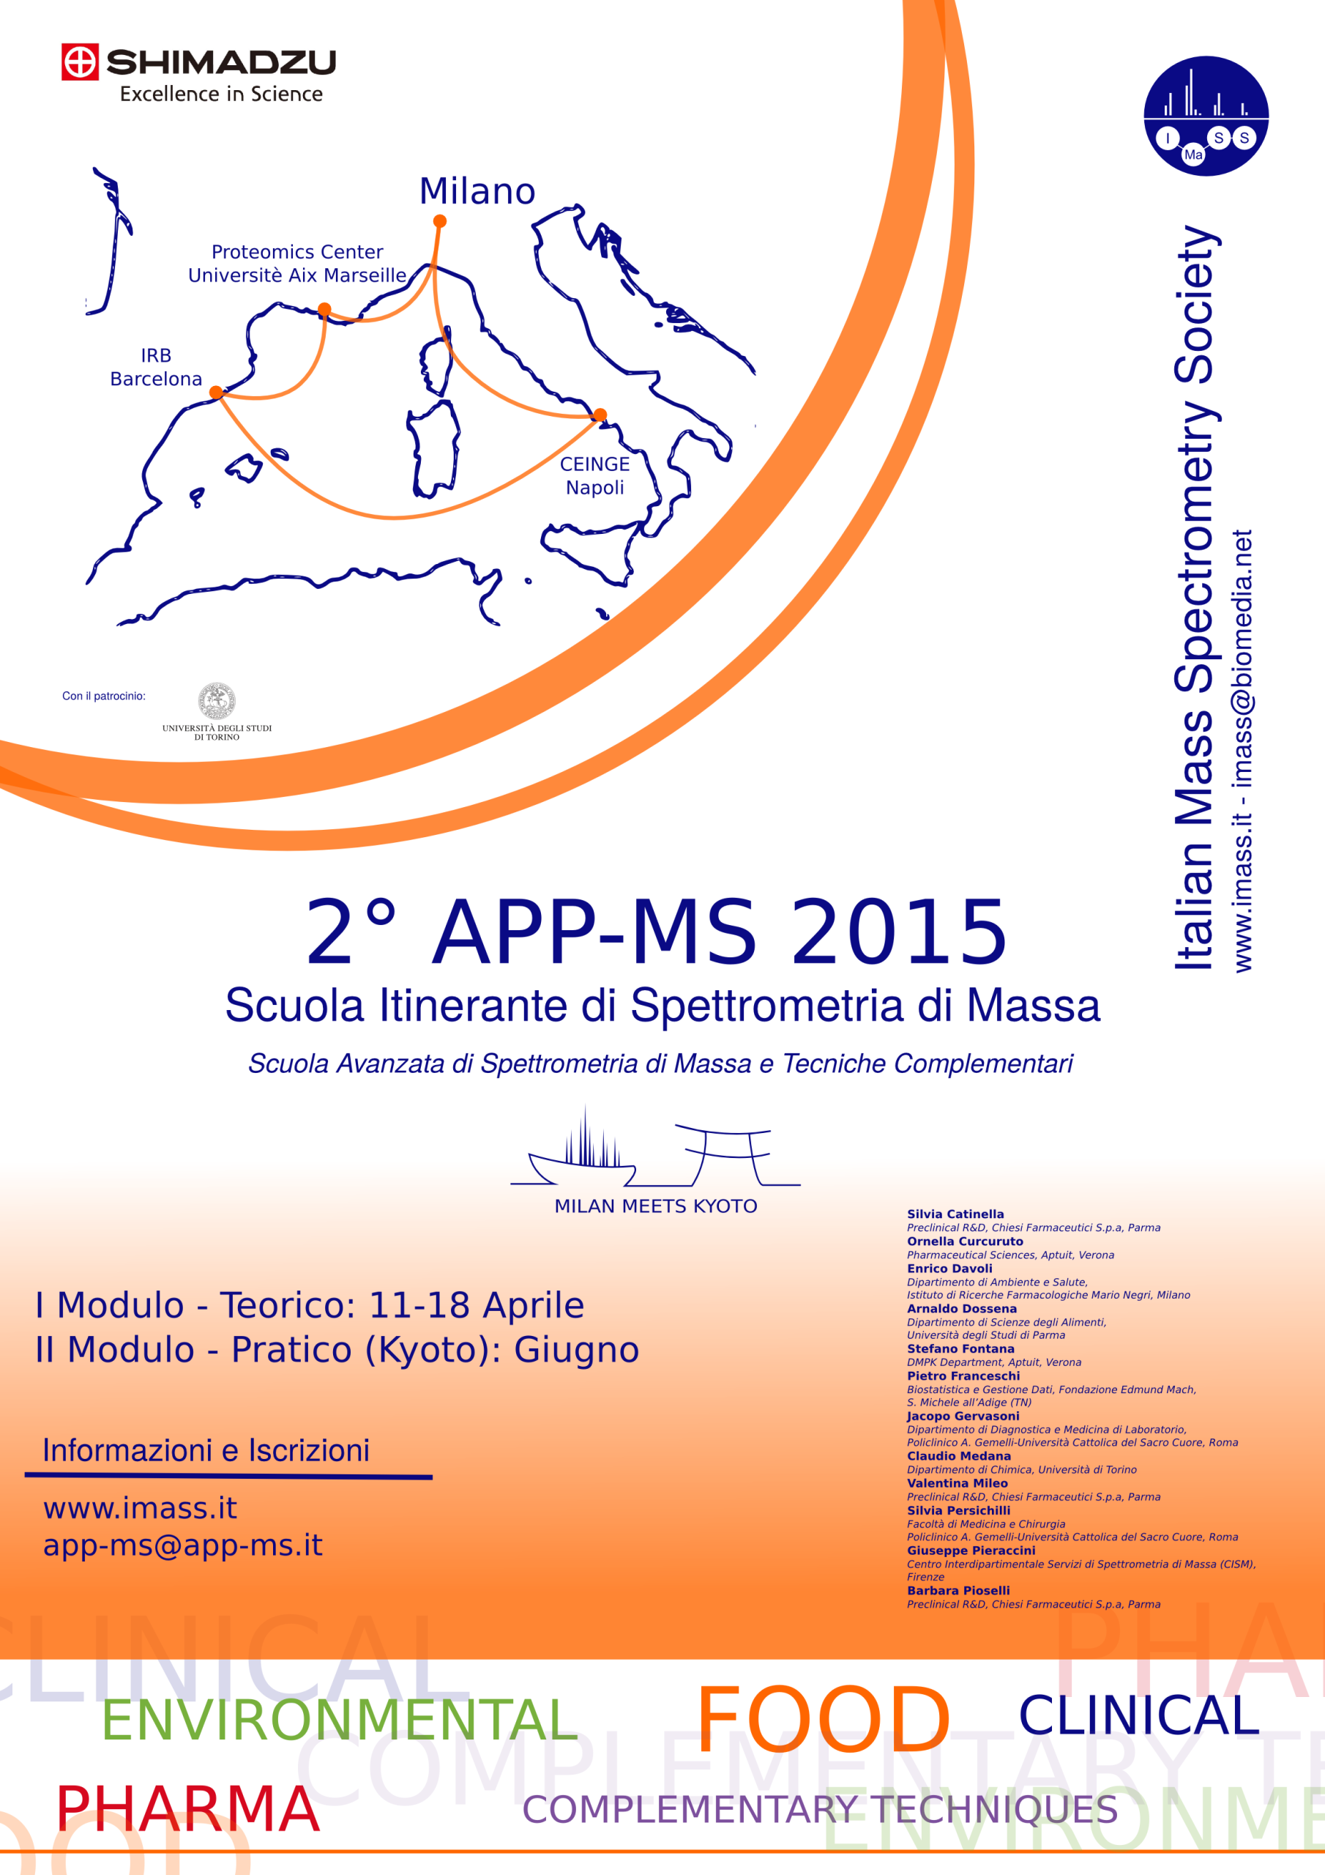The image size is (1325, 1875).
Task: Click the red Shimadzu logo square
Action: point(80,62)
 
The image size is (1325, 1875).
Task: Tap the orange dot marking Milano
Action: point(439,220)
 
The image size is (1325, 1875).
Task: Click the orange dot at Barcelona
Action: point(215,393)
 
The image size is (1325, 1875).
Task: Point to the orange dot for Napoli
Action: point(600,415)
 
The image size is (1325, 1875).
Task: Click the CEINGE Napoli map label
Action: point(594,475)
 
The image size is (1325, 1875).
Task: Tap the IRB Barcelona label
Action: point(155,367)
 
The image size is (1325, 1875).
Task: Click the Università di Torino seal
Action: point(217,701)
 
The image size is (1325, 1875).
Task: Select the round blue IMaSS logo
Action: point(1206,116)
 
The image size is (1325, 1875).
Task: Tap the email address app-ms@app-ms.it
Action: point(183,1545)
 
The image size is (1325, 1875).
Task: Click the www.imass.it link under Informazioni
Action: point(140,1507)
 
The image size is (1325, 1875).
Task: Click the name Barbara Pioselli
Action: point(958,1591)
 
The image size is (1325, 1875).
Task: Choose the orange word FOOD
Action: point(823,1720)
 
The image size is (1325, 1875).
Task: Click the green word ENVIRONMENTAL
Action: point(340,1720)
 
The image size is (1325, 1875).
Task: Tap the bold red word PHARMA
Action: point(187,1809)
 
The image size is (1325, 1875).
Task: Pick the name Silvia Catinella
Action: point(955,1214)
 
